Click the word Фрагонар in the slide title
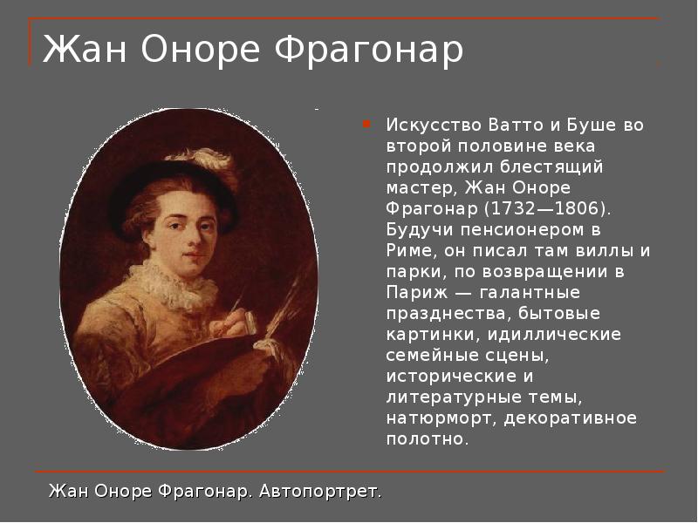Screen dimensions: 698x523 tap(368, 50)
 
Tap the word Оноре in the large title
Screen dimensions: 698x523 tap(201, 49)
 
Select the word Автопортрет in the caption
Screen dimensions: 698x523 tap(320, 492)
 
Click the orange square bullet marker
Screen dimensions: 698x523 tap(366, 124)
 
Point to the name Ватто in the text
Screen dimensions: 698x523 tap(516, 125)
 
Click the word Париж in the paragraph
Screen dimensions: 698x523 tap(417, 293)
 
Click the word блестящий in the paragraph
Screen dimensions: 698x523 tap(551, 167)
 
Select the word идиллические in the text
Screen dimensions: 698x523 tap(554, 335)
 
